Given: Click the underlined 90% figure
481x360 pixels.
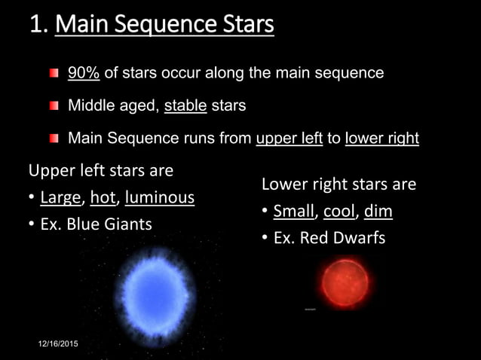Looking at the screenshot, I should pos(84,73).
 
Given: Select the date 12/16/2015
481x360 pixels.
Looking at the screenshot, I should pos(58,344).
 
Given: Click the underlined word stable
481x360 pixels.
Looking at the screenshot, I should pos(185,105).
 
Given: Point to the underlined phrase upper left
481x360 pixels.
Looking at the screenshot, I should pos(289,139).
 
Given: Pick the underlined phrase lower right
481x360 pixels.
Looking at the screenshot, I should pos(381,139).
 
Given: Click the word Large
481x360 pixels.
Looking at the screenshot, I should pos(61,198).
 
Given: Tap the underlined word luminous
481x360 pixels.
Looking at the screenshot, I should pos(160,198).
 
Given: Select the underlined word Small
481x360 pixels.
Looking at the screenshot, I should pos(294,211).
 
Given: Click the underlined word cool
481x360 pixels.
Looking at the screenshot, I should pos(339,211).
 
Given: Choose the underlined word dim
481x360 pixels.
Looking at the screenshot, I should pos(378,211).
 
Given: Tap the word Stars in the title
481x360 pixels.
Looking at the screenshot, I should pos(243,25).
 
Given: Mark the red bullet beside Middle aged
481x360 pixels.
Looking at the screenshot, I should pos(54,106).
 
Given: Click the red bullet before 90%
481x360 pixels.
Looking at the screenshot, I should pos(54,74).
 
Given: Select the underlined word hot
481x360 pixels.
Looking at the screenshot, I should pos(103,198).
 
